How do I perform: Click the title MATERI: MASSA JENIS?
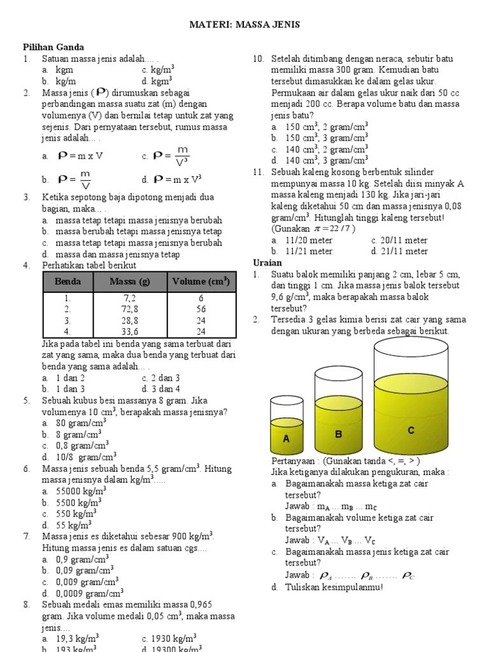(x=244, y=25)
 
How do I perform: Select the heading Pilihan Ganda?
(x=53, y=48)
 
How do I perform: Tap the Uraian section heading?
(x=267, y=263)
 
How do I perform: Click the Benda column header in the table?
(x=67, y=281)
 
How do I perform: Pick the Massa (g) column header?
(x=129, y=281)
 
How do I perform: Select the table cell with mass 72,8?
(x=129, y=309)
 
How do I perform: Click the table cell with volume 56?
(x=201, y=309)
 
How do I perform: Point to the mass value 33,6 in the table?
(x=129, y=331)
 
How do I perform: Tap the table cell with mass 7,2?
(x=129, y=298)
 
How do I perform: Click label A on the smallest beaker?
(x=287, y=439)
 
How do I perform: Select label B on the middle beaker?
(x=339, y=434)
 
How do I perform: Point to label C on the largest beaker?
(x=411, y=431)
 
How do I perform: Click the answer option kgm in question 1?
(x=64, y=71)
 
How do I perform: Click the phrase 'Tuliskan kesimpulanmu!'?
(x=334, y=587)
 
